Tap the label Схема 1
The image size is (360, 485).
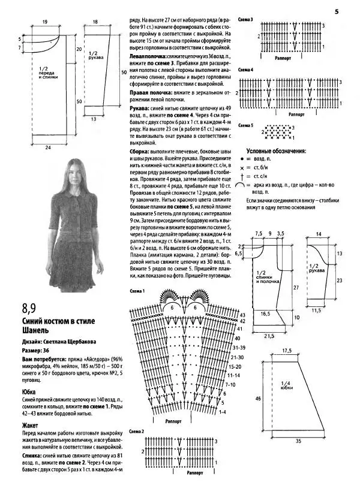pyautogui.click(x=138, y=291)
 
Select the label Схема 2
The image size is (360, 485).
pyautogui.click(x=138, y=431)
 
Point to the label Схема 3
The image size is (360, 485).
pyautogui.click(x=246, y=20)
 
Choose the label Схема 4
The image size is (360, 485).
pyautogui.click(x=246, y=70)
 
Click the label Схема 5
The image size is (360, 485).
pyautogui.click(x=246, y=125)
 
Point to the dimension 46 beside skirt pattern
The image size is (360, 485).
pyautogui.click(x=257, y=397)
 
